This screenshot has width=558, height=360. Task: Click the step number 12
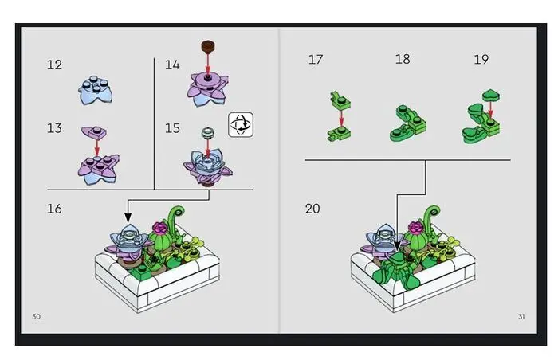[54, 65]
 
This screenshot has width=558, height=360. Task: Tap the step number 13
[54, 128]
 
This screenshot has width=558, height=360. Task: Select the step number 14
[172, 65]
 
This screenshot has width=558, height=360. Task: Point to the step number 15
[172, 128]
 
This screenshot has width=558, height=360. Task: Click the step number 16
[54, 209]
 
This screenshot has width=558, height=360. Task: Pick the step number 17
[316, 60]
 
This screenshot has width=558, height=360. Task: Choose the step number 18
[403, 59]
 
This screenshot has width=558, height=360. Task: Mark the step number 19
[481, 60]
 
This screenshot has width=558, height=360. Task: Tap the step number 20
[312, 209]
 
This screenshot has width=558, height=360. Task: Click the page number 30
[37, 317]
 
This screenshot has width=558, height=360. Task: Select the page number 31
[521, 317]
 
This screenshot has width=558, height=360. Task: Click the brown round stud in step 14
[208, 46]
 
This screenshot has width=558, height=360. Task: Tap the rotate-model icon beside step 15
[241, 124]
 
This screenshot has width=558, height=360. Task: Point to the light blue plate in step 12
[96, 90]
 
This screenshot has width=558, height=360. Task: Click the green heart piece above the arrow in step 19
[491, 96]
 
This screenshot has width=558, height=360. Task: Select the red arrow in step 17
[341, 119]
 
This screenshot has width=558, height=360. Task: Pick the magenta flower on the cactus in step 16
[159, 227]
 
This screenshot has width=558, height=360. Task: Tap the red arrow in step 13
[96, 147]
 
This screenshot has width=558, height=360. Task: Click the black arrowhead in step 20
[397, 246]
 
